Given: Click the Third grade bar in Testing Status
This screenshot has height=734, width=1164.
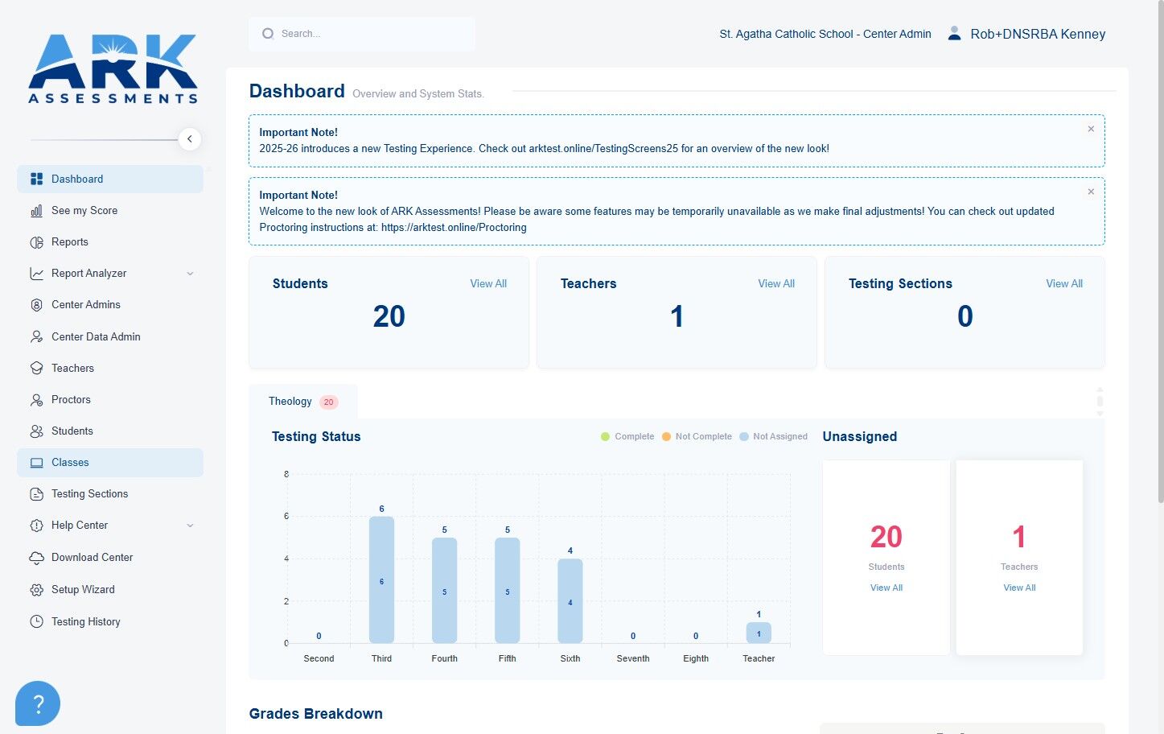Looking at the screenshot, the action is [381, 579].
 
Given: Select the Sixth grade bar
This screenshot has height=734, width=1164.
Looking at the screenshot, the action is [570, 601].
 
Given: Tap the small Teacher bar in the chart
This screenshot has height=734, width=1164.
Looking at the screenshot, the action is [759, 633].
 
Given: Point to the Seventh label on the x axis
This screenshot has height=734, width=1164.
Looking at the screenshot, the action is [633, 658].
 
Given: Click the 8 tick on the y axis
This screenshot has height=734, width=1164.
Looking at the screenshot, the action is [286, 474].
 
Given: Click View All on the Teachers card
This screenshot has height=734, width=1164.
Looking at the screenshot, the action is [775, 284].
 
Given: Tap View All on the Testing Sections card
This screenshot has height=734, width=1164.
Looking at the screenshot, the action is [1064, 284].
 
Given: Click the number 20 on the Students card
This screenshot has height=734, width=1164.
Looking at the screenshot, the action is [389, 316].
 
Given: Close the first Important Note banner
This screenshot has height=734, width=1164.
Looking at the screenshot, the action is [1091, 129].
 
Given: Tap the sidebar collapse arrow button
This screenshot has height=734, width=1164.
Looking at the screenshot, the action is [190, 139].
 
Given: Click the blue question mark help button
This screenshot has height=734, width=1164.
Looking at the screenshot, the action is [38, 703].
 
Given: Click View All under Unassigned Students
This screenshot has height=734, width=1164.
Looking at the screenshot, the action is [886, 588].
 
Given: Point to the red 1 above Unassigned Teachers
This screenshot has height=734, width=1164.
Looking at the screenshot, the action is [1018, 537].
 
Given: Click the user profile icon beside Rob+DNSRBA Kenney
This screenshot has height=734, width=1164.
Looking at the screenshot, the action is [954, 34].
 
